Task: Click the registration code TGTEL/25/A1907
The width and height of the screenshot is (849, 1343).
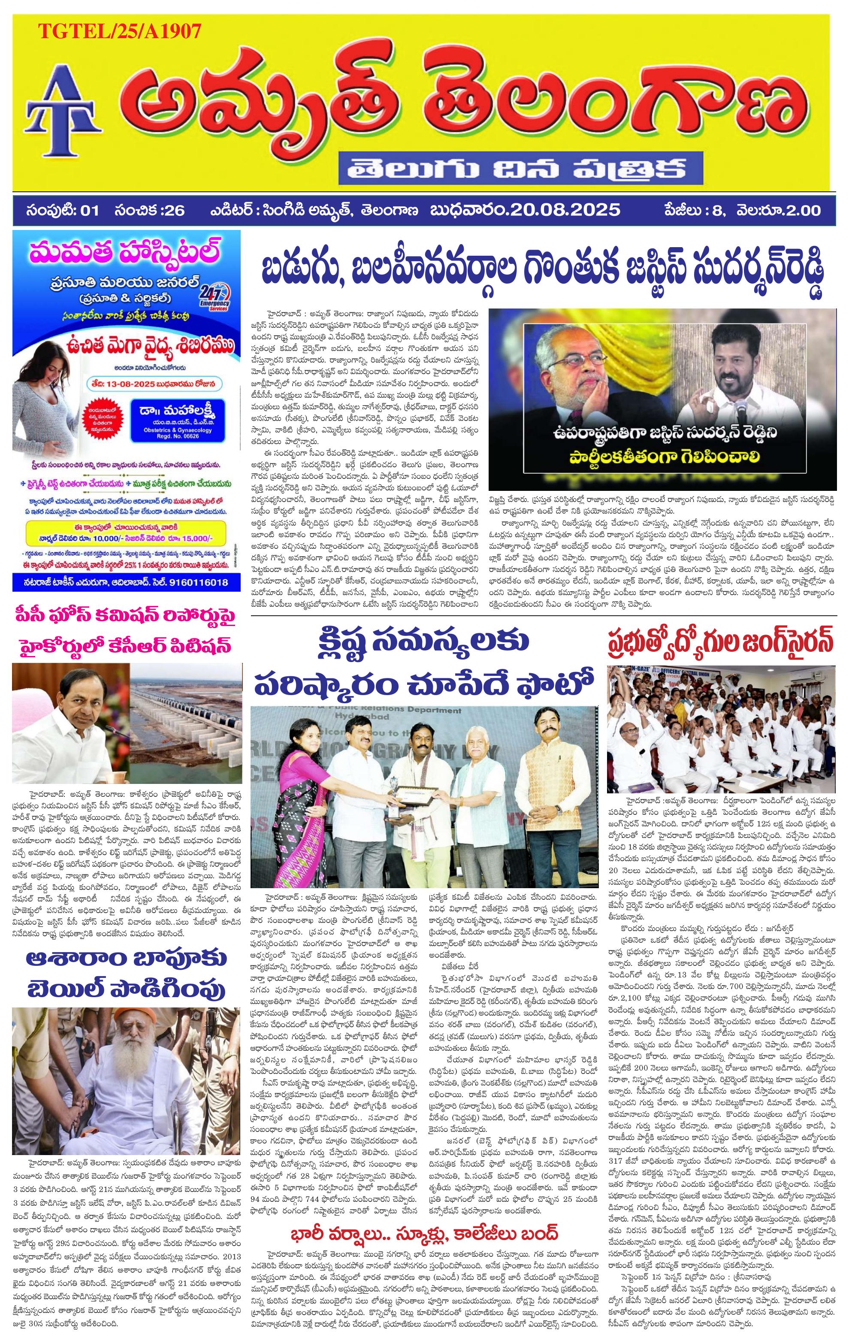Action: pos(119,31)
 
